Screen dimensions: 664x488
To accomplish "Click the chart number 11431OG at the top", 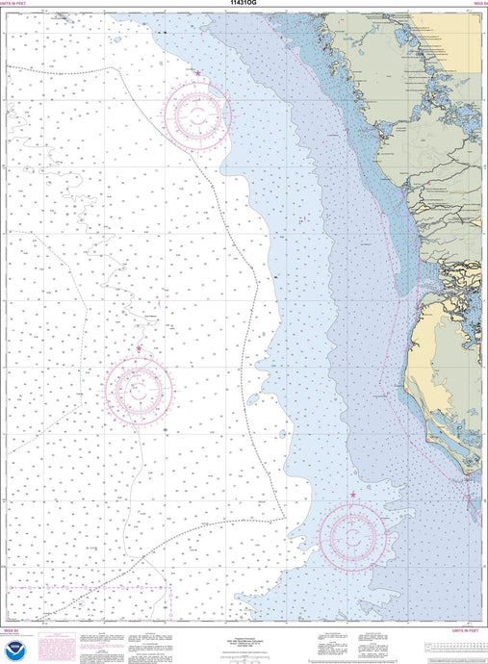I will tap(243, 4).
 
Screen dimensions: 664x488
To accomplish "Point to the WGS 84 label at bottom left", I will tap(13, 631).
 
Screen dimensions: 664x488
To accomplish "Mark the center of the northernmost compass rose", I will tap(197, 116).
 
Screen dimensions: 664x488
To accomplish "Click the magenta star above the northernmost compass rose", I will tap(198, 73).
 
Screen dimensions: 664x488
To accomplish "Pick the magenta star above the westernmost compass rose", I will tap(139, 348).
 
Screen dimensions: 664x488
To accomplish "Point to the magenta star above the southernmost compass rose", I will tap(352, 495).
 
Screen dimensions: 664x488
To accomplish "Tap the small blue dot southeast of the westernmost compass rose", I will tap(165, 429).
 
